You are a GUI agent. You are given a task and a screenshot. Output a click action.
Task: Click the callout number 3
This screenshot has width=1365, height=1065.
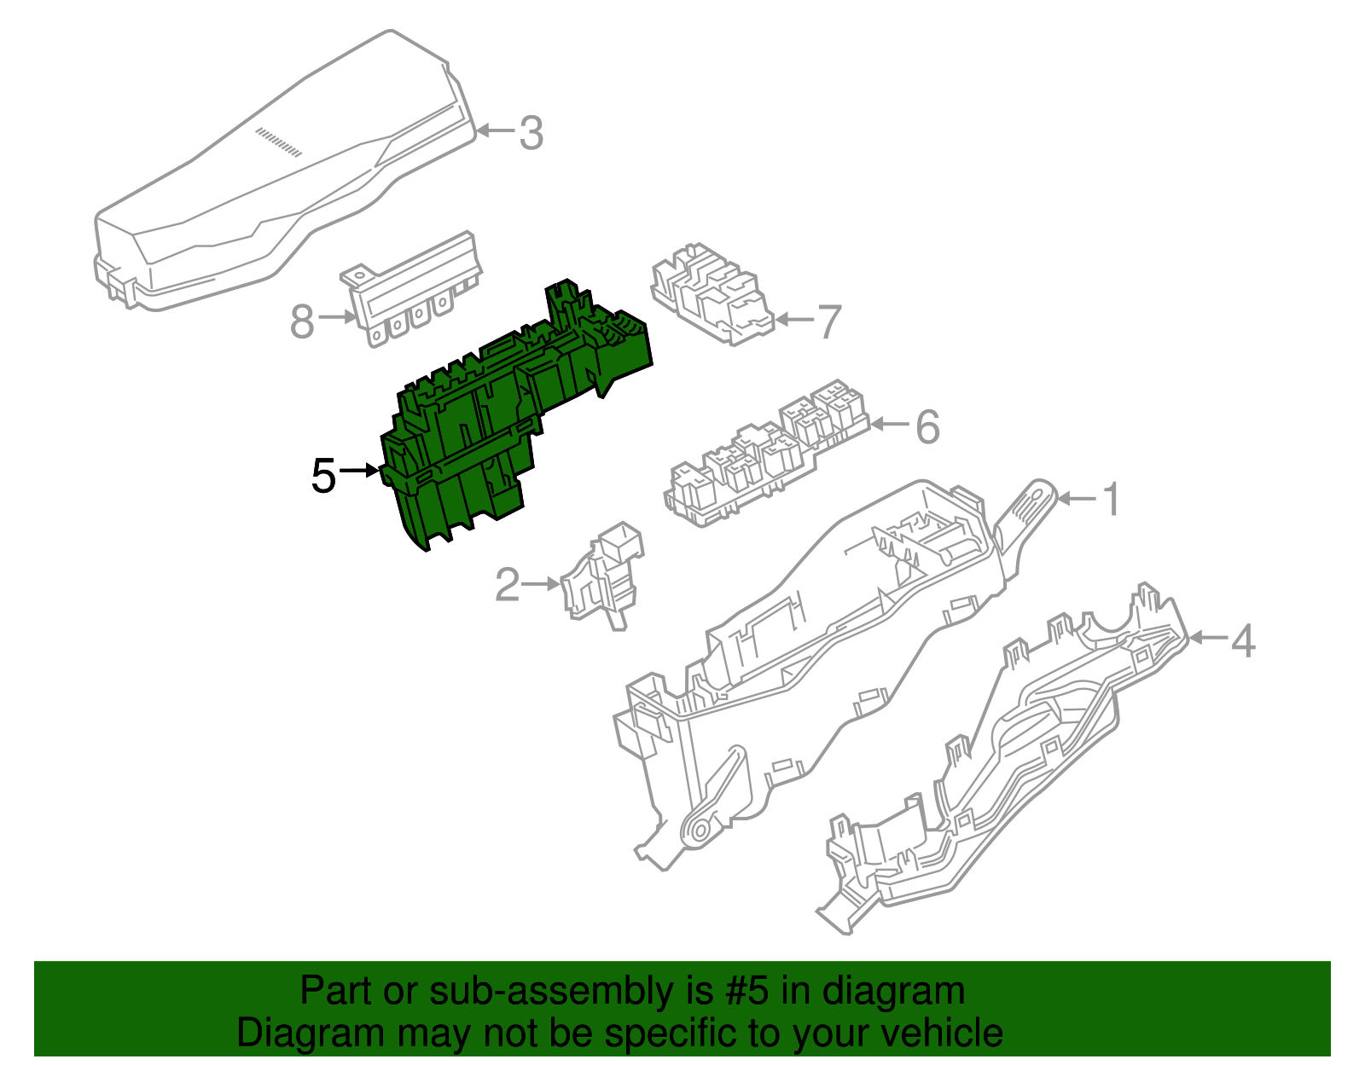(531, 133)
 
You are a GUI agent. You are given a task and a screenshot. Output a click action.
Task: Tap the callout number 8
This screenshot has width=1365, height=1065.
(302, 322)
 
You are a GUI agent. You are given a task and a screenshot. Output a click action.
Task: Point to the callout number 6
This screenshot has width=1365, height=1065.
(928, 426)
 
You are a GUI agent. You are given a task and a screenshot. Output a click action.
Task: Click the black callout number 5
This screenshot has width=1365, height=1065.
(324, 476)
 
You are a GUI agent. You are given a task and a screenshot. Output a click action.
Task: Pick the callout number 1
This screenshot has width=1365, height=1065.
(1112, 500)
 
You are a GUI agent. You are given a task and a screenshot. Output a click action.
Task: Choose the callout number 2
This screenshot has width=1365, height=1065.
(508, 585)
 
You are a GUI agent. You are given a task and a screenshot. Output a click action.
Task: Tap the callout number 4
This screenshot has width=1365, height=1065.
(1243, 640)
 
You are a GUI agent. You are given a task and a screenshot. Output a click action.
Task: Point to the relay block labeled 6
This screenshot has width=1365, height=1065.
(766, 455)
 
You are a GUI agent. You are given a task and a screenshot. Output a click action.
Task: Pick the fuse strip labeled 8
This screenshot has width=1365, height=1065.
(411, 289)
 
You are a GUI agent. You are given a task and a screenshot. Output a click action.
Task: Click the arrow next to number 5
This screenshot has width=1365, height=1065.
(359, 470)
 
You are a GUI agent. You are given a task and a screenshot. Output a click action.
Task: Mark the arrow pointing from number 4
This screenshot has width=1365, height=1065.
(1209, 639)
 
